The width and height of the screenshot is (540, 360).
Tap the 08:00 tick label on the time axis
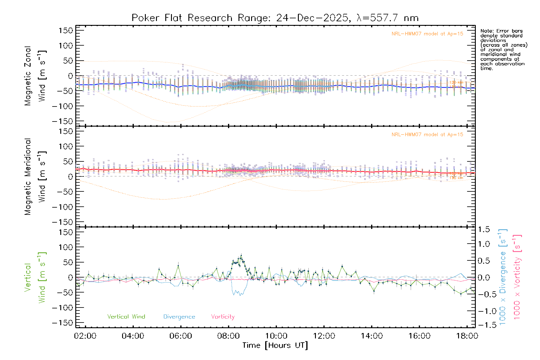[228, 336]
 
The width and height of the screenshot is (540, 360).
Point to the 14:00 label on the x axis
[372, 336]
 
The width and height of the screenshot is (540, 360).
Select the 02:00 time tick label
[85, 336]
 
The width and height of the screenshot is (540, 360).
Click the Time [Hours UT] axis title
[275, 345]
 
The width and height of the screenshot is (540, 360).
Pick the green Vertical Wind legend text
[126, 316]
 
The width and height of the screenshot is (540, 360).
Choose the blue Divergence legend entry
[179, 316]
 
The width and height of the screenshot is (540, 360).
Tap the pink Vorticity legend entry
[223, 316]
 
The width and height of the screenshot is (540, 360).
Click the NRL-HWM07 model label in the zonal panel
[427, 34]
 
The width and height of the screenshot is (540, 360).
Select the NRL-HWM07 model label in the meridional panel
[427, 135]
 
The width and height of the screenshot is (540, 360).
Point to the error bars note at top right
[503, 49]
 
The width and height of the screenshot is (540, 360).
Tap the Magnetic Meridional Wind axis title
[35, 177]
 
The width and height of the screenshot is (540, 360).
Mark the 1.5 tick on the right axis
[484, 229]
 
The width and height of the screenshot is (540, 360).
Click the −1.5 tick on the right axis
[483, 325]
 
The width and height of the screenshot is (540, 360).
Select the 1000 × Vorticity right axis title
[517, 277]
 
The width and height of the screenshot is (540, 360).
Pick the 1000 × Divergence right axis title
[503, 277]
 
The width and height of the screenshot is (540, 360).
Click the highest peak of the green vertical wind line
[241, 255]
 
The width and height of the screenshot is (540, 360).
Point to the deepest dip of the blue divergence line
[240, 295]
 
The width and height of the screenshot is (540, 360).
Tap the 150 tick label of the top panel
[66, 30]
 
